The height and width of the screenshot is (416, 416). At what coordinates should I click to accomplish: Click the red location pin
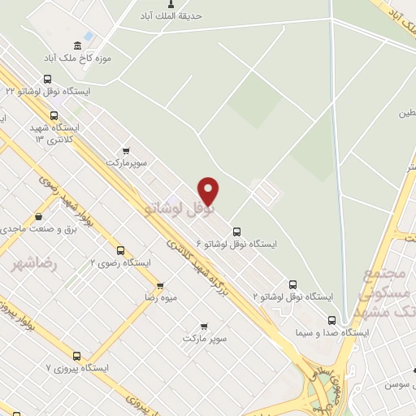pos(209,190)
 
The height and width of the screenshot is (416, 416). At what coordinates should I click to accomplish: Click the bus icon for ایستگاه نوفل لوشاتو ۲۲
pos(46,80)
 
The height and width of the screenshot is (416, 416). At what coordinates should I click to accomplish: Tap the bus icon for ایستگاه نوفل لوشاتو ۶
pos(236,232)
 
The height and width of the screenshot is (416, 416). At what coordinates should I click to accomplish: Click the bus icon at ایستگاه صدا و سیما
pos(331,320)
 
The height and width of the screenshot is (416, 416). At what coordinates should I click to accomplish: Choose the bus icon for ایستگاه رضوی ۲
pos(120,251)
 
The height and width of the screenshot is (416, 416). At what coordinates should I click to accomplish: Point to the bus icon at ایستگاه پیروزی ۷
pos(77,355)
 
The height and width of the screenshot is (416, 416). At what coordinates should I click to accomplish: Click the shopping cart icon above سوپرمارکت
pos(125,150)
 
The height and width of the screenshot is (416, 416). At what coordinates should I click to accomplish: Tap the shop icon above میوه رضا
pos(160,286)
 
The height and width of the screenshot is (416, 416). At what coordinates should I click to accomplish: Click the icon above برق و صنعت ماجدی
pos(38,217)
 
